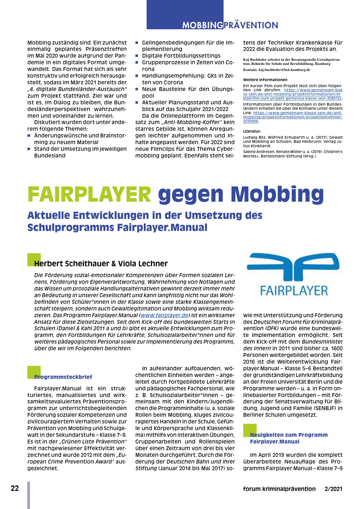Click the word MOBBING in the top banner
(203, 25)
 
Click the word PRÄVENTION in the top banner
(251, 25)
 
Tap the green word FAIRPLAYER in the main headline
(89, 194)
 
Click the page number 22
(15, 489)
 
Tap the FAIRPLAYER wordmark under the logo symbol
(294, 291)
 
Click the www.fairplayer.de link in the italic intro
(164, 315)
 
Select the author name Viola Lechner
(143, 264)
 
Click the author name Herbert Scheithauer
(72, 264)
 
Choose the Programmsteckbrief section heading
(63, 377)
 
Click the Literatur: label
(252, 131)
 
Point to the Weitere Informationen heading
(265, 80)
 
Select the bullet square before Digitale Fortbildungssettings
(137, 56)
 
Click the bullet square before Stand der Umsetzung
(29, 149)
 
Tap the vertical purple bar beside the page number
(29, 495)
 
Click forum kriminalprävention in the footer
(279, 489)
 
